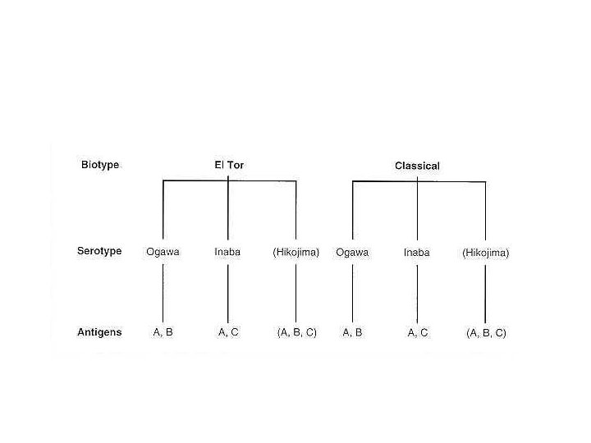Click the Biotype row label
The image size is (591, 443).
[100, 165]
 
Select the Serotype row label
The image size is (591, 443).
[99, 251]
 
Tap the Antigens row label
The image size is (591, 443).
[99, 332]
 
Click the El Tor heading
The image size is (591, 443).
[229, 165]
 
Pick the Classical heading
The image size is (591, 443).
[417, 166]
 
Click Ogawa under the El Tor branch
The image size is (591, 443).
[163, 252]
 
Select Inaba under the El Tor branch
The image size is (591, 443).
[227, 252]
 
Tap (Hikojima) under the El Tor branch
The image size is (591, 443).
[295, 252]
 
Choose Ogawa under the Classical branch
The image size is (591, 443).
[352, 253]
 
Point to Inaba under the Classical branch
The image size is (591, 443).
[416, 253]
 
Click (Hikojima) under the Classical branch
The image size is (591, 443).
[485, 253]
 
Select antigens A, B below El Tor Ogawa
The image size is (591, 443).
[163, 332]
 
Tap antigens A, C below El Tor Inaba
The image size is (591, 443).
[228, 332]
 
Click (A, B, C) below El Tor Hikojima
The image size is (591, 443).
[296, 333]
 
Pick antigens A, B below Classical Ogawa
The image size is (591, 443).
[352, 332]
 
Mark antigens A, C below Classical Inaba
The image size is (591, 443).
[418, 333]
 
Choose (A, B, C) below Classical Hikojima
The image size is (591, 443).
[486, 334]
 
